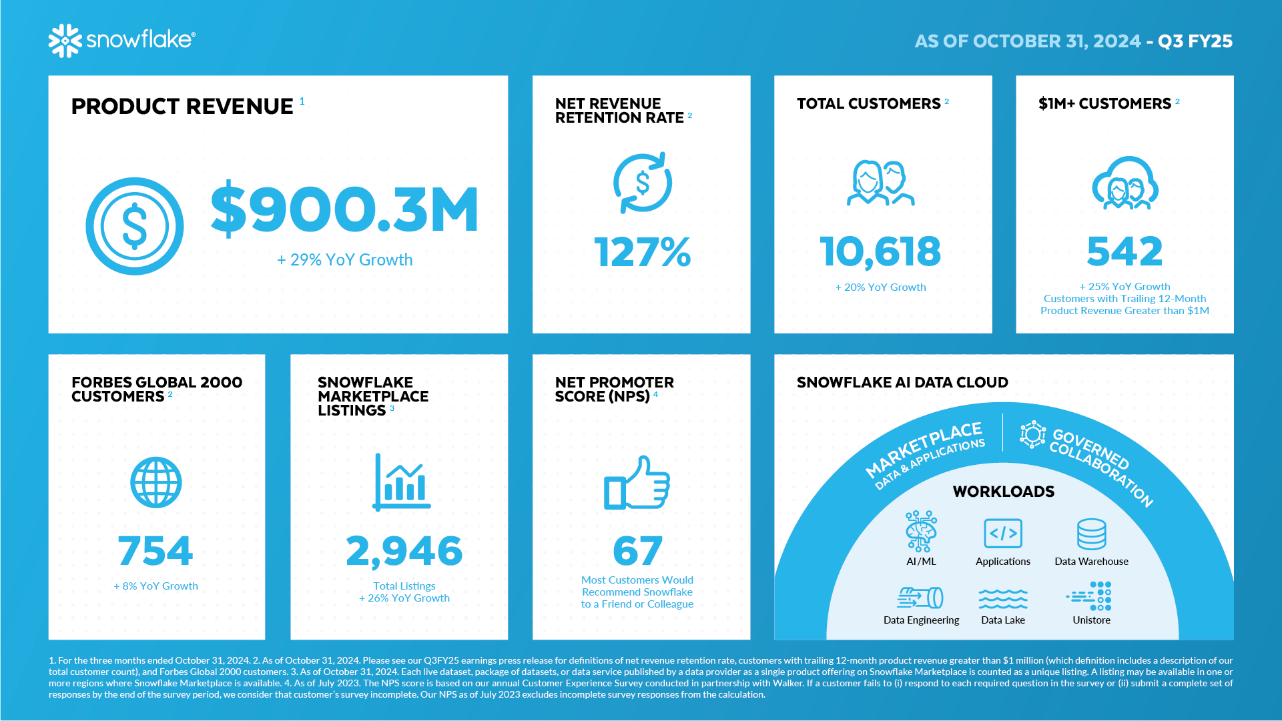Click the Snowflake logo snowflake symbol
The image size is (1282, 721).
pyautogui.click(x=65, y=41)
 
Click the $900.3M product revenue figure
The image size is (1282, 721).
pyautogui.click(x=344, y=209)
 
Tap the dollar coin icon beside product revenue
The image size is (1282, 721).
pyautogui.click(x=135, y=226)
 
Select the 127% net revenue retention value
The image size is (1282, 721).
pyautogui.click(x=642, y=252)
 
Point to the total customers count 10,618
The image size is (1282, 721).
pyautogui.click(x=880, y=251)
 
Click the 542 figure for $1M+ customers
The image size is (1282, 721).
pyautogui.click(x=1125, y=251)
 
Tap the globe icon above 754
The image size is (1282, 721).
pyautogui.click(x=156, y=482)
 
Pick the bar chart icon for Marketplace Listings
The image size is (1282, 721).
pyautogui.click(x=401, y=482)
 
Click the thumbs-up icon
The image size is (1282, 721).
pyautogui.click(x=637, y=483)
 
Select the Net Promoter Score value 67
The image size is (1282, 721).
pyautogui.click(x=637, y=551)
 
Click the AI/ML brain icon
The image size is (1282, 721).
pyautogui.click(x=921, y=532)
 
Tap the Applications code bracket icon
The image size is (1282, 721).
pyautogui.click(x=1002, y=534)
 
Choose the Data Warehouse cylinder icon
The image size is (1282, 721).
pyautogui.click(x=1091, y=534)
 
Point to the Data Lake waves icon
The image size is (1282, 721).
pyautogui.click(x=1002, y=598)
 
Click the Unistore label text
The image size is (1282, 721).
pyautogui.click(x=1091, y=620)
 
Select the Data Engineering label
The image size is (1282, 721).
pyautogui.click(x=921, y=620)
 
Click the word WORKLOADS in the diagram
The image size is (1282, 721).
pyautogui.click(x=1003, y=492)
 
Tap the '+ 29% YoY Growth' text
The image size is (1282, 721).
pyautogui.click(x=345, y=259)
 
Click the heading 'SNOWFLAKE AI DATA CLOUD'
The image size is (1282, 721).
pyautogui.click(x=902, y=382)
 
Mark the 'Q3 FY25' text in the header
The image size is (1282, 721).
pyautogui.click(x=1195, y=41)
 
